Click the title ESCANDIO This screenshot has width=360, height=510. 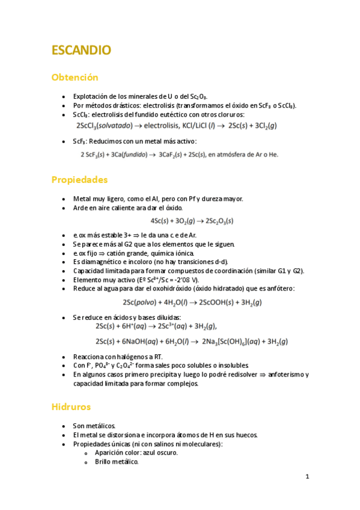tap(81, 50)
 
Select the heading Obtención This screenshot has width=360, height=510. tap(75, 78)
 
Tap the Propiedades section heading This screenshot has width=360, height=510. tap(79, 179)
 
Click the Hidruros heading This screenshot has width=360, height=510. tap(71, 407)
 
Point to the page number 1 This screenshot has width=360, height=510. tap(307, 477)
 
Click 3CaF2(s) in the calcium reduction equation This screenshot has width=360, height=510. tap(174, 155)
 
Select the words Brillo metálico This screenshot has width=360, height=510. tap(117, 462)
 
